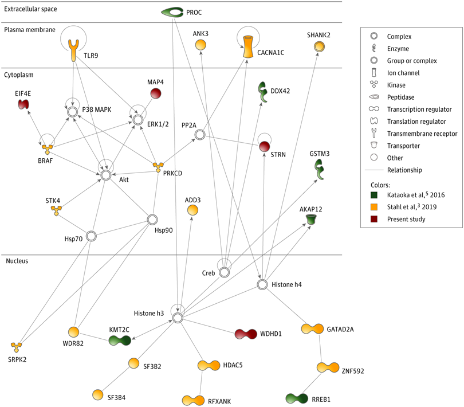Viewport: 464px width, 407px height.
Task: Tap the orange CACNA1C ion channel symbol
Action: coord(248,46)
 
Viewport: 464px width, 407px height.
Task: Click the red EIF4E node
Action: coord(24,104)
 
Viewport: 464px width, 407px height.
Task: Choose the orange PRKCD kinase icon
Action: coord(159,167)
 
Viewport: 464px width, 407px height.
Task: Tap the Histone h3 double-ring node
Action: coord(178,317)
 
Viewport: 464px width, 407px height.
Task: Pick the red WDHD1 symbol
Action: coord(245,334)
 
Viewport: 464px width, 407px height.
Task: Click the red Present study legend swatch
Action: coord(374,219)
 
